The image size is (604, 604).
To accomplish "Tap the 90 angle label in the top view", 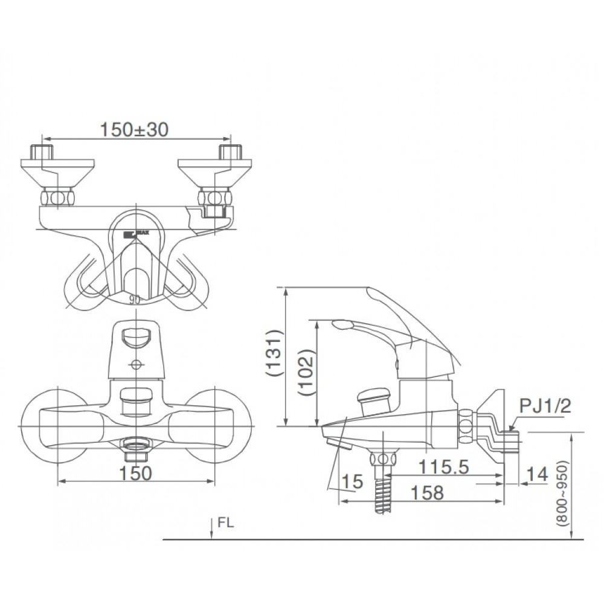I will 135,298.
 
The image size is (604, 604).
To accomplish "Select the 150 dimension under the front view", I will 136,474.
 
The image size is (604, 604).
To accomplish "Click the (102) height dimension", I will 306,373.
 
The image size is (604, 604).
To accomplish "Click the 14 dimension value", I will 537,475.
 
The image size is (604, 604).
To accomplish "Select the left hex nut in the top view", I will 56,198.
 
